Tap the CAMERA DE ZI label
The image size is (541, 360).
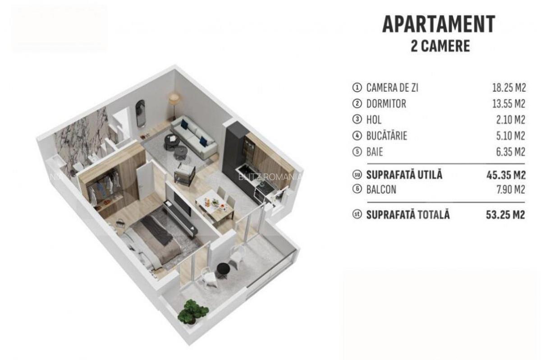tap(392, 88)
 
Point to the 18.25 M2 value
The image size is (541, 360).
tap(509, 88)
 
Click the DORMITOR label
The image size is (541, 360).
tap(386, 104)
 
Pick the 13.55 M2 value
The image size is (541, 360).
tap(509, 104)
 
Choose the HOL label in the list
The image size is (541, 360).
tap(374, 120)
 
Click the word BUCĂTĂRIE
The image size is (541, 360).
tap(386, 136)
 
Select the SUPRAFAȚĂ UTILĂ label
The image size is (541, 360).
tap(404, 175)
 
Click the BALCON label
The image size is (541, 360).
tap(381, 190)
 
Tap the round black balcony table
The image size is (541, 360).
tap(223, 268)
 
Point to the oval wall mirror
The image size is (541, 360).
tap(141, 113)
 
